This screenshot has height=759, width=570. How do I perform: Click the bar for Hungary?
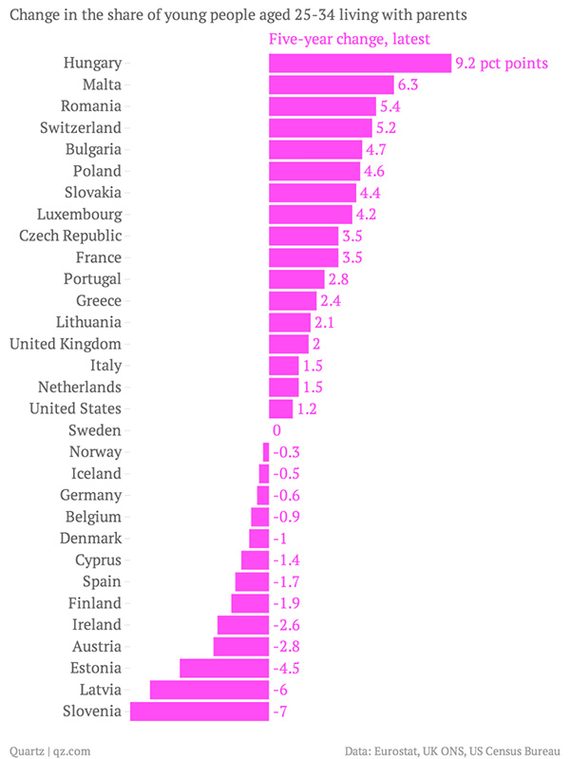pyautogui.click(x=359, y=64)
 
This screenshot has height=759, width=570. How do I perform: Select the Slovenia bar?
pyautogui.click(x=199, y=712)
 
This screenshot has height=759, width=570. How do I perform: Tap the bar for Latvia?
pyautogui.click(x=209, y=690)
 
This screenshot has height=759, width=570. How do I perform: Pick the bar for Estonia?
pyautogui.click(x=224, y=668)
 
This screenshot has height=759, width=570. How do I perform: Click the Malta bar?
pyautogui.click(x=331, y=85)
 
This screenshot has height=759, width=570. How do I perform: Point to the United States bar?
pyautogui.click(x=281, y=408)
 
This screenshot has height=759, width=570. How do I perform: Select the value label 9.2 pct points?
pyautogui.click(x=503, y=64)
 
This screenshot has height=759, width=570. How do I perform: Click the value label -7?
pyautogui.click(x=280, y=712)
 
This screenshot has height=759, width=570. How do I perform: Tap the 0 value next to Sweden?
pyautogui.click(x=276, y=430)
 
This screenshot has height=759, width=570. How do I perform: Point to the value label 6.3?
pyautogui.click(x=408, y=85)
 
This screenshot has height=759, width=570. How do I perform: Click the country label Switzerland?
pyautogui.click(x=81, y=127)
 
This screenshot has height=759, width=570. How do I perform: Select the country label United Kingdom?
pyautogui.click(x=65, y=344)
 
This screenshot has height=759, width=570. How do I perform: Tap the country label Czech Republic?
pyautogui.click(x=70, y=236)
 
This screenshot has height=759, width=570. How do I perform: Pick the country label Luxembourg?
pyautogui.click(x=79, y=214)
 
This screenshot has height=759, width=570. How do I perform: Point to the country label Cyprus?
pyautogui.click(x=98, y=560)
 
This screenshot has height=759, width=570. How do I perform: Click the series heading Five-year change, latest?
pyautogui.click(x=350, y=40)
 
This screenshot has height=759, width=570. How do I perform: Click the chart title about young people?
pyautogui.click(x=237, y=16)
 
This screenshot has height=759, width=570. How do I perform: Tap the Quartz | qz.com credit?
pyautogui.click(x=49, y=750)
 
